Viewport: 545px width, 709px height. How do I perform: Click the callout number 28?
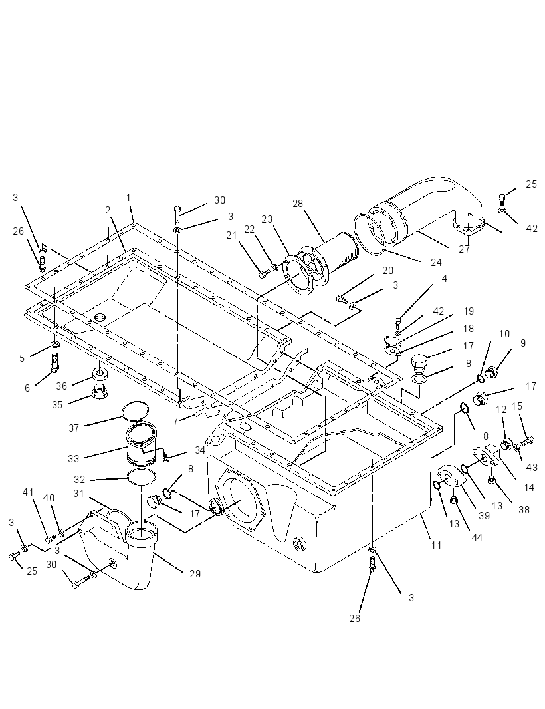point(297,204)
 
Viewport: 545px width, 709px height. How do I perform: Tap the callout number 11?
point(435,545)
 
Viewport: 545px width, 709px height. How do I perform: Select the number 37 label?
point(74,428)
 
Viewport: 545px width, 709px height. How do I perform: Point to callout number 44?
point(477,537)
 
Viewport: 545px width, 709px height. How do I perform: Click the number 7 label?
point(175,422)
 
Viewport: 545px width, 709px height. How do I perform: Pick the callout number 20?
point(387,271)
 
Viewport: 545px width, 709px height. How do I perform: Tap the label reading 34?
point(200,450)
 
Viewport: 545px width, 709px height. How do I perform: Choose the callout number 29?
point(195,573)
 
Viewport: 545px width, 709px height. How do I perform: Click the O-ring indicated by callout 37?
point(136,410)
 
